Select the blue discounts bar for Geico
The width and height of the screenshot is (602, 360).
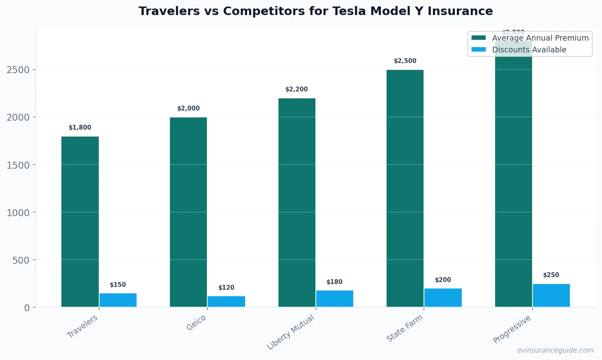click(x=226, y=301)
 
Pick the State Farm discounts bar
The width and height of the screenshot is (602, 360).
click(x=443, y=297)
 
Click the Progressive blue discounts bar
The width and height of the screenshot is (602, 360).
click(x=551, y=295)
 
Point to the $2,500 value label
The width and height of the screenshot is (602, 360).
click(x=405, y=61)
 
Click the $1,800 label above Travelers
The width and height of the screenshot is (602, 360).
click(x=80, y=128)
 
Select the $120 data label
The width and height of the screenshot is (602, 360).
click(x=226, y=288)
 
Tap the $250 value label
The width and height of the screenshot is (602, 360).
click(x=551, y=275)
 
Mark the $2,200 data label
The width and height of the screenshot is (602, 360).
click(x=297, y=89)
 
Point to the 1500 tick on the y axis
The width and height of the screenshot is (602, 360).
click(x=18, y=165)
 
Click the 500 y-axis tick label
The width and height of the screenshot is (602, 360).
click(x=21, y=260)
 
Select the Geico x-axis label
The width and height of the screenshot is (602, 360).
click(x=196, y=323)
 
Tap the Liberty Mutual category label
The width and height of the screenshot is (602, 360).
click(x=291, y=332)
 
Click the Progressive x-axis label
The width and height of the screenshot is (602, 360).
click(x=512, y=329)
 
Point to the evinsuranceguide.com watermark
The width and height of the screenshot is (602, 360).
click(x=555, y=350)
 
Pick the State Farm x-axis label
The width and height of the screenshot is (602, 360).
click(x=404, y=328)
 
